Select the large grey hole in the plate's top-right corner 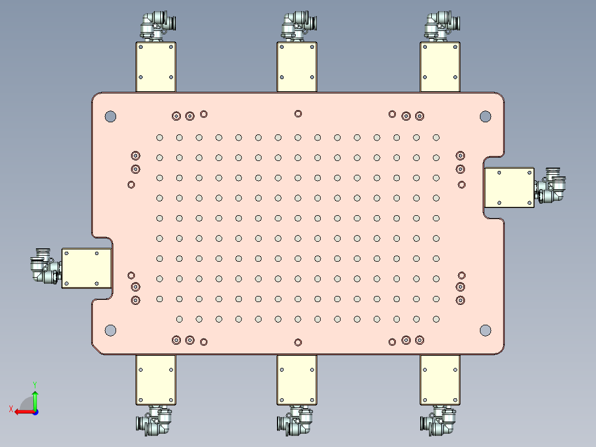[485, 116]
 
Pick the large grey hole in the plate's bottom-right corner [485, 330]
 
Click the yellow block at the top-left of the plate [155, 66]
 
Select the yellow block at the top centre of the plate [297, 66]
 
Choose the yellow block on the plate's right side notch [509, 188]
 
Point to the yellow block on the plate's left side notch [87, 268]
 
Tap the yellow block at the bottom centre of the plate [297, 380]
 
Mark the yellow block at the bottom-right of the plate [440, 380]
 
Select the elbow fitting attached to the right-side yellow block [551, 186]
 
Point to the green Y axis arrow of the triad [35, 399]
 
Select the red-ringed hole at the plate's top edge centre [298, 113]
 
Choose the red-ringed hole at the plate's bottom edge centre [298, 342]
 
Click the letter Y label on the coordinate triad [34, 383]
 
